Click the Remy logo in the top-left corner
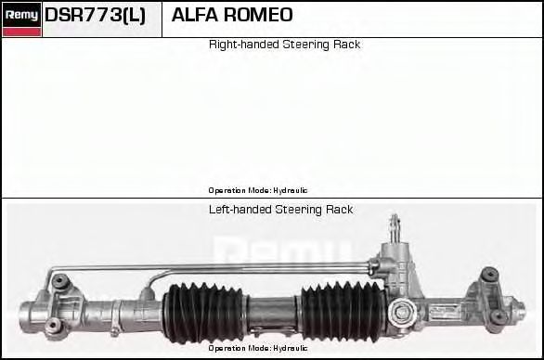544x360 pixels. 21,14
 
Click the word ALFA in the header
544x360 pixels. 193,16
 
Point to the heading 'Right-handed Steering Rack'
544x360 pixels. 284,45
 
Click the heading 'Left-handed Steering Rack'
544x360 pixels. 280,210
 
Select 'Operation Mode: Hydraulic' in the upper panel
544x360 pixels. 257,190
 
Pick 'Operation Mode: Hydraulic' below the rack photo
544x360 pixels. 257,348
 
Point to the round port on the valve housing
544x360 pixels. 402,309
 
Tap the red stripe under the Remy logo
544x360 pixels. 21,32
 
